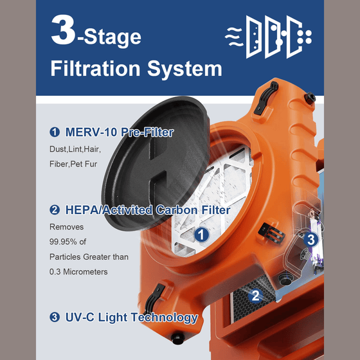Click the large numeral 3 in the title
[x=63, y=30]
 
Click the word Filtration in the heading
[x=95, y=68]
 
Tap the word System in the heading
[x=184, y=69]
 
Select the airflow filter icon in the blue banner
[x=268, y=37]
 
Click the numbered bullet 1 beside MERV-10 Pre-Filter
[x=55, y=132]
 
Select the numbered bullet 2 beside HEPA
[x=55, y=210]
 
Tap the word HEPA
[x=82, y=210]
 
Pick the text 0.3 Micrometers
[x=78, y=271]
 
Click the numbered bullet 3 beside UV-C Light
[x=55, y=318]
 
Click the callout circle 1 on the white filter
[x=201, y=235]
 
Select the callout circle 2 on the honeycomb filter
[x=255, y=296]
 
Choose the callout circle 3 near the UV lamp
[x=310, y=239]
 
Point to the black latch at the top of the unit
[x=266, y=98]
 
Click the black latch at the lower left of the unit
[x=154, y=299]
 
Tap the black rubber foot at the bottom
[x=177, y=338]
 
